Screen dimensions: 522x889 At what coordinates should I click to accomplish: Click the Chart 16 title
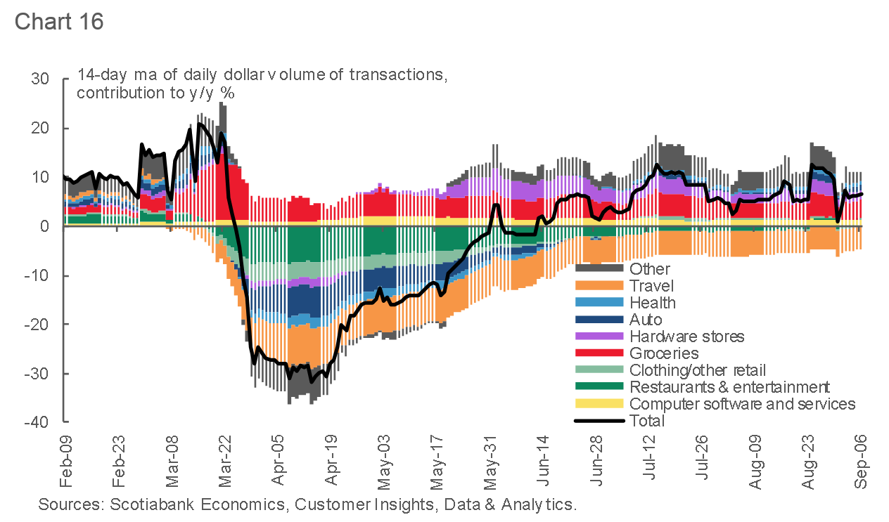(59, 21)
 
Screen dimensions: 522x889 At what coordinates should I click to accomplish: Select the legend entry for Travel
(651, 286)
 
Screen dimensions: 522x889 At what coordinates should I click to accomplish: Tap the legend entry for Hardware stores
(686, 337)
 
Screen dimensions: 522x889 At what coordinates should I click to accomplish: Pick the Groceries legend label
(664, 353)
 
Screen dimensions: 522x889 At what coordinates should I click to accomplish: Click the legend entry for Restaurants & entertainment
(729, 387)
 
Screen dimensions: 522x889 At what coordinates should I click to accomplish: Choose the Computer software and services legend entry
(742, 404)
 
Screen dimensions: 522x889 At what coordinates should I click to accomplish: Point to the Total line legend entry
(647, 421)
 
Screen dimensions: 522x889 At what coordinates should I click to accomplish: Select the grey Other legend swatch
(599, 268)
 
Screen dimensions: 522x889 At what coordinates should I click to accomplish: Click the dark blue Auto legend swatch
(599, 320)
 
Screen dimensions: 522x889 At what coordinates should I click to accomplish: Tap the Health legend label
(653, 303)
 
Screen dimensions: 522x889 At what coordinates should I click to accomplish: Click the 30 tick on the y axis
(40, 79)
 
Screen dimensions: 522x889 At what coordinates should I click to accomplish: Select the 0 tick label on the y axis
(44, 226)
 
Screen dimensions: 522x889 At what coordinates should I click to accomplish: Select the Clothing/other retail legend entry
(698, 370)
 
